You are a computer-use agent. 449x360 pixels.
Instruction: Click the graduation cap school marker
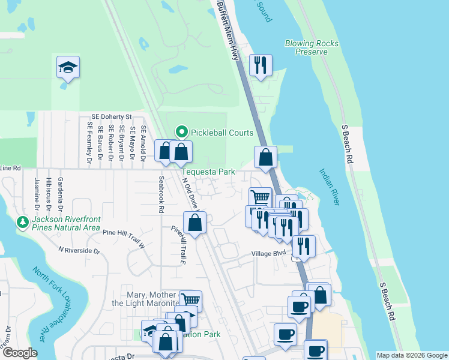click(x=68, y=68)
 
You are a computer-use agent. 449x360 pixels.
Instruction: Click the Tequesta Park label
click(x=208, y=171)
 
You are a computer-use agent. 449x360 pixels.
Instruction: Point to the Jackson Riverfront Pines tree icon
click(x=23, y=223)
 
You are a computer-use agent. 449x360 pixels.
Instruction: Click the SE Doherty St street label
click(x=112, y=116)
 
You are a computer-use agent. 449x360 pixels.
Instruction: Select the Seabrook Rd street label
click(x=161, y=195)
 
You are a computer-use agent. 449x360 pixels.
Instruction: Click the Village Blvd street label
click(x=268, y=253)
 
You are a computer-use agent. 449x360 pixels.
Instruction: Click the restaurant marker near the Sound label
click(x=260, y=65)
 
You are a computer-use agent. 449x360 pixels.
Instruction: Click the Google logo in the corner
click(x=20, y=353)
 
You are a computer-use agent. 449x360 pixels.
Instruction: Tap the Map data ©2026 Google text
click(x=412, y=355)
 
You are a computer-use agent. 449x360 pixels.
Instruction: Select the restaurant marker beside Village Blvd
click(x=304, y=247)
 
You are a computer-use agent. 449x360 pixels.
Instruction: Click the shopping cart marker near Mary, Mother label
click(x=190, y=300)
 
